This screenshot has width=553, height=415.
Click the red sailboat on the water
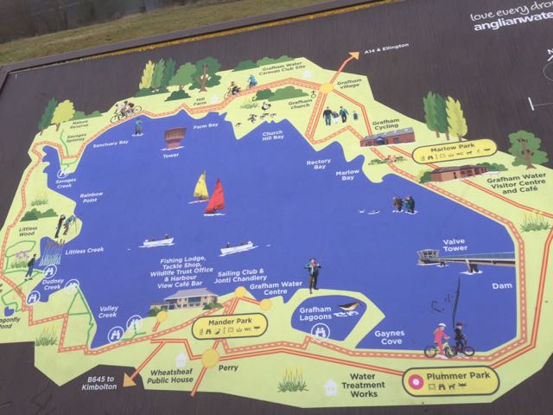(x=215, y=198)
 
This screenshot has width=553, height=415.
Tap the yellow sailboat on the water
(x=200, y=185)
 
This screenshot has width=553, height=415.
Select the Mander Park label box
(x=229, y=326)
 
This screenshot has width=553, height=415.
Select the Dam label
(x=501, y=285)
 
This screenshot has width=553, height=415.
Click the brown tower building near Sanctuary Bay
(x=175, y=137)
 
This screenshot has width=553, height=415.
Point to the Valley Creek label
(x=109, y=311)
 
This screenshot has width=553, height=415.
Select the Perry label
(x=227, y=370)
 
